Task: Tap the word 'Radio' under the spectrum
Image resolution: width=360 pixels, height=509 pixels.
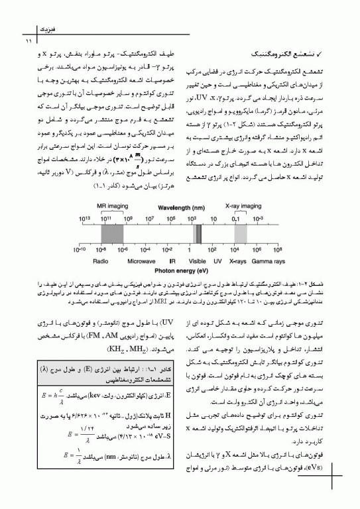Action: (x=101, y=261)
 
